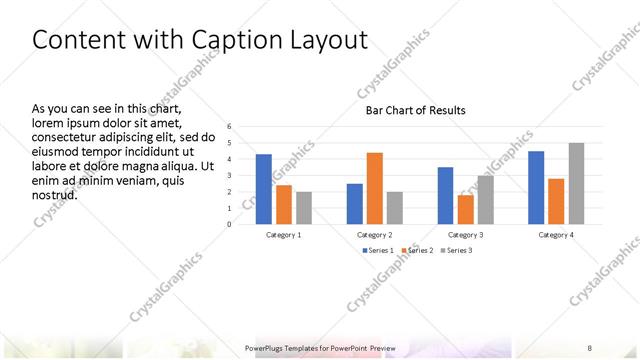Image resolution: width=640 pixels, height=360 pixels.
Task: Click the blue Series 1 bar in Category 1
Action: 264,189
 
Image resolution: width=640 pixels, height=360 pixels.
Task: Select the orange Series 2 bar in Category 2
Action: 375,188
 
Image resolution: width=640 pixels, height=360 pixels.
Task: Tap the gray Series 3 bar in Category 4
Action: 576,184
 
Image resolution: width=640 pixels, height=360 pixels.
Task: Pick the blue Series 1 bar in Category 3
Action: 445,196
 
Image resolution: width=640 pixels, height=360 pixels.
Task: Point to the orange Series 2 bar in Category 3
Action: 465,209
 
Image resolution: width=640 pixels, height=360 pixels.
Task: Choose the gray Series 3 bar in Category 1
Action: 304,208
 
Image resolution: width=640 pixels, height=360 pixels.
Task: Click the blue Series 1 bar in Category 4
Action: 536,187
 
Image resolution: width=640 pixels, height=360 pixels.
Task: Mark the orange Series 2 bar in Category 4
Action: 556,201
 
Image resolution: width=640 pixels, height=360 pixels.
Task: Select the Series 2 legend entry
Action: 419,250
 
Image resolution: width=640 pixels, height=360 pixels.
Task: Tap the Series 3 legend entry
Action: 458,250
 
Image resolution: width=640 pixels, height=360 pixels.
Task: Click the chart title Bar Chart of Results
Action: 415,110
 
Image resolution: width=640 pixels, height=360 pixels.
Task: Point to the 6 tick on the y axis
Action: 230,126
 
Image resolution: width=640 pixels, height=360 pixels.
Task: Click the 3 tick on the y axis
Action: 230,175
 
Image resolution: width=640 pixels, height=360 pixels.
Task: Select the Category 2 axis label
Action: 376,234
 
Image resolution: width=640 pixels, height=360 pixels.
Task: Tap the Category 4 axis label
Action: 556,234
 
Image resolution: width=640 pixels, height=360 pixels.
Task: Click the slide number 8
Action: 589,347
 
